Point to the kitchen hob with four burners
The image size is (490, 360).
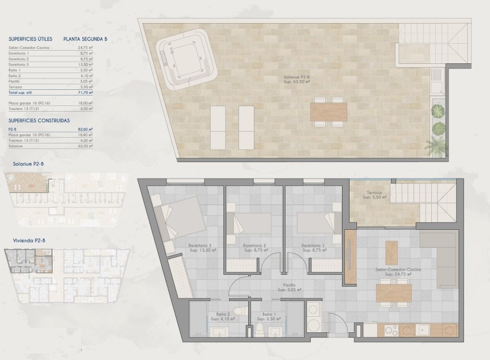[390, 331]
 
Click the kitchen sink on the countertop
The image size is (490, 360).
[425, 331]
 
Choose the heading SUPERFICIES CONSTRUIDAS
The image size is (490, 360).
[39, 121]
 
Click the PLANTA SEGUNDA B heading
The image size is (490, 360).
[86, 39]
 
